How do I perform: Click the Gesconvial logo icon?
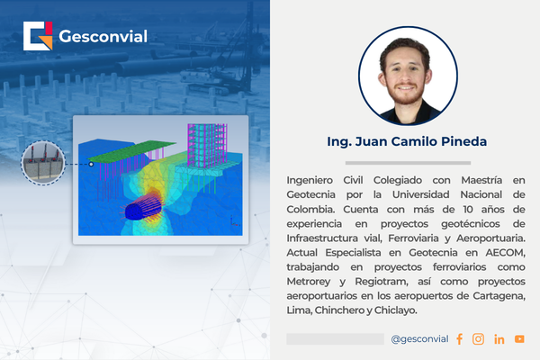pyautogui.click(x=39, y=37)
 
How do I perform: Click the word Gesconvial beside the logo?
pyautogui.click(x=103, y=38)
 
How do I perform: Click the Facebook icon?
pyautogui.click(x=459, y=338)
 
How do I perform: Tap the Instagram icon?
pyautogui.click(x=478, y=338)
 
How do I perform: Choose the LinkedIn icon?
pyautogui.click(x=499, y=338)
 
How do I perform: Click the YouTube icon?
pyautogui.click(x=519, y=338)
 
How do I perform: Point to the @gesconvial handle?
pyautogui.click(x=419, y=339)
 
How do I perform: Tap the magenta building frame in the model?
pyautogui.click(x=205, y=144)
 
